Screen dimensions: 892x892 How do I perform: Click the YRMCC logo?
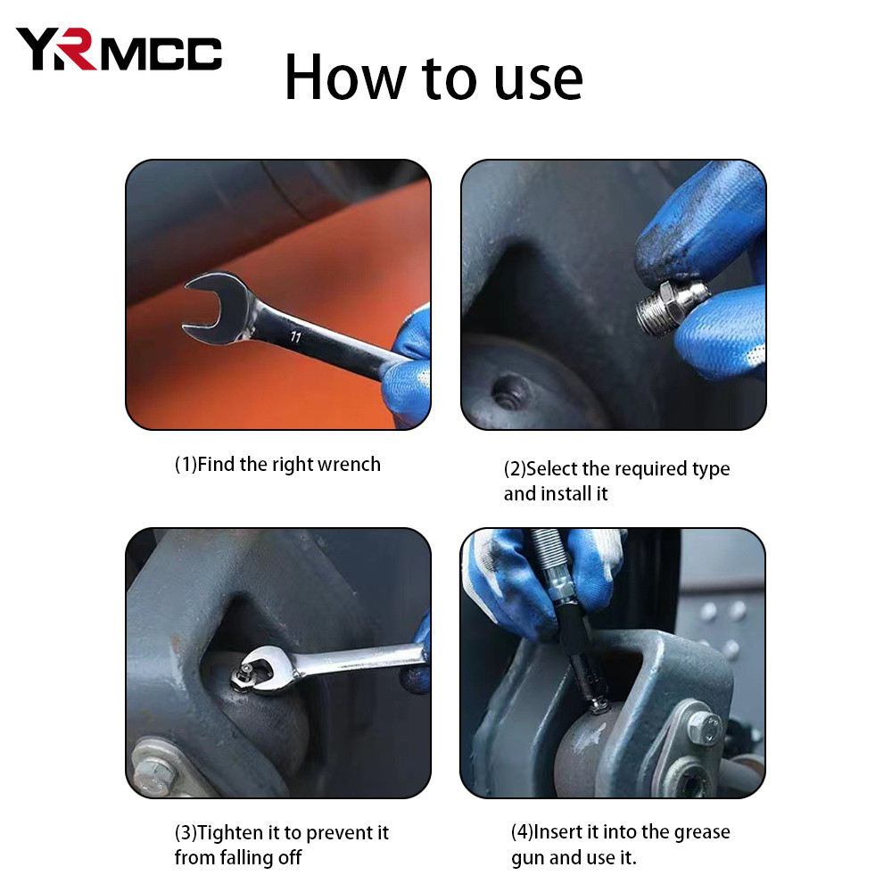point(119,50)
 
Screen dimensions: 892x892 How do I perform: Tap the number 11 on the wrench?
point(295,337)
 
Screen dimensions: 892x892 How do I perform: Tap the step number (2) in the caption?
point(515,469)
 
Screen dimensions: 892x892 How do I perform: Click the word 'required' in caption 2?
point(624,469)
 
